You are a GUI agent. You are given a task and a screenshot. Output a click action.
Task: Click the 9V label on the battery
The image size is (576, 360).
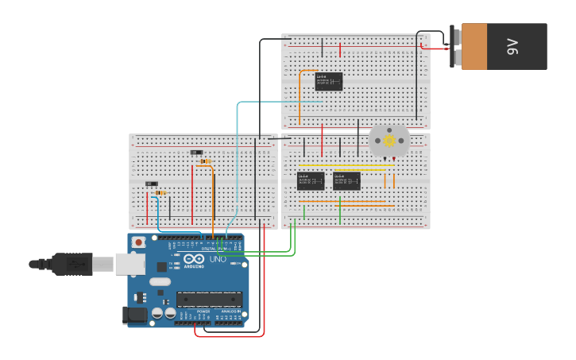(512, 47)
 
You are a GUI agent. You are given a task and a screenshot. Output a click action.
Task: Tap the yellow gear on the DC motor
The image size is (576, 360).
(389, 141)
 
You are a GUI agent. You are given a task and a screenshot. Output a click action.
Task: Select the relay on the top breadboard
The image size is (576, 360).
(328, 81)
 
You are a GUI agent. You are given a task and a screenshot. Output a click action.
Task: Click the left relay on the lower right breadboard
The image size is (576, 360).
(310, 181)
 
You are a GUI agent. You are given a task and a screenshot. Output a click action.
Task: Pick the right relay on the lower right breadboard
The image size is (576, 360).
(346, 181)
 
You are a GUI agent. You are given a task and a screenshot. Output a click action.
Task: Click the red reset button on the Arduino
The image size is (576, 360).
(139, 242)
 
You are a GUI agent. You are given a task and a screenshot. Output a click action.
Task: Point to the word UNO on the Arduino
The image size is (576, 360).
(218, 259)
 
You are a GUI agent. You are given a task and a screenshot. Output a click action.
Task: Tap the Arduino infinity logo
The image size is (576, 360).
(194, 258)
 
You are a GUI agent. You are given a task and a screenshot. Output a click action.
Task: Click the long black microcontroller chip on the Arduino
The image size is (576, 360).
(208, 300)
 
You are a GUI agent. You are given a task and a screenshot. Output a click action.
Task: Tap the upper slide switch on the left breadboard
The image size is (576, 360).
(196, 152)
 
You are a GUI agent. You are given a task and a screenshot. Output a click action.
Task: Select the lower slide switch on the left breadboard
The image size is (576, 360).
(151, 184)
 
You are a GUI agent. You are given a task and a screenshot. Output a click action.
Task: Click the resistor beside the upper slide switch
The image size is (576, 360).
(206, 161)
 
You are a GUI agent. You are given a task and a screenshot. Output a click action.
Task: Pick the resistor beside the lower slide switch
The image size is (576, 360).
(160, 192)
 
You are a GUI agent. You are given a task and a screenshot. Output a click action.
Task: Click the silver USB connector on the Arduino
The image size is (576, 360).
(130, 263)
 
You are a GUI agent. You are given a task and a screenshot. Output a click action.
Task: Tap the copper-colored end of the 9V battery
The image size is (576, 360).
(474, 47)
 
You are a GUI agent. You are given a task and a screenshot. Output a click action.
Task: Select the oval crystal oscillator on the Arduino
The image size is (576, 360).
(160, 281)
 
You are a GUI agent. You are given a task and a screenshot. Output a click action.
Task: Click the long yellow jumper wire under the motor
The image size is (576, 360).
(346, 165)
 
